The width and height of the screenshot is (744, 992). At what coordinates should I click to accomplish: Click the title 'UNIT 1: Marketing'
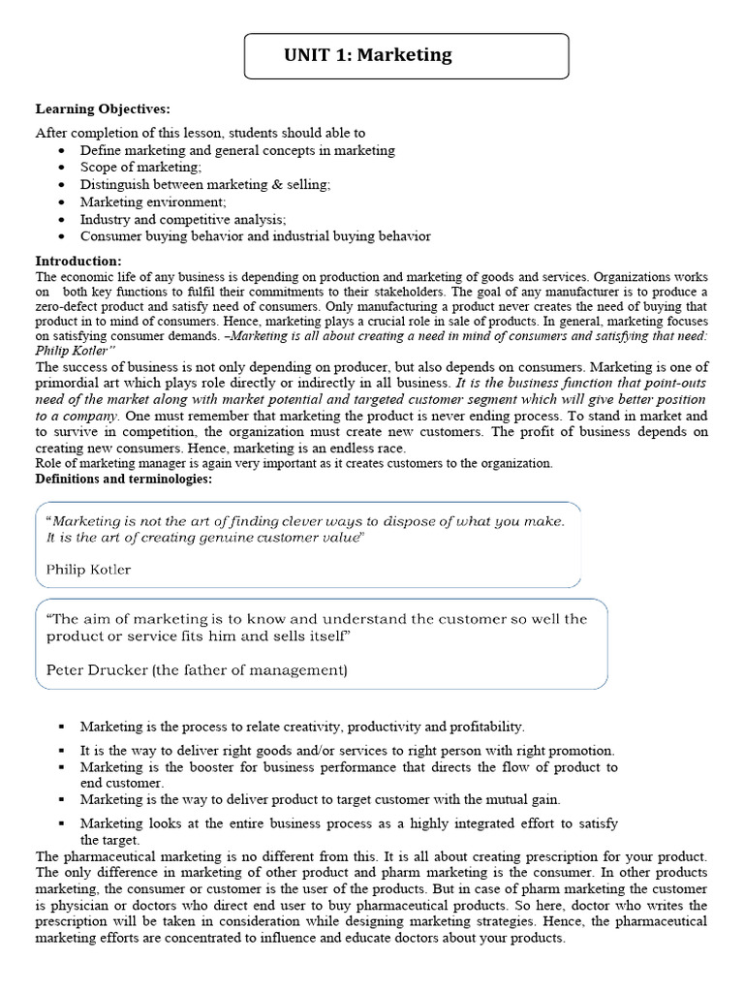click(x=367, y=55)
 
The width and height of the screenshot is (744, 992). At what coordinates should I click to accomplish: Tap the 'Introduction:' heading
click(x=78, y=262)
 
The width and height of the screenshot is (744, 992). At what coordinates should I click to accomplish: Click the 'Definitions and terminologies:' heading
click(x=123, y=479)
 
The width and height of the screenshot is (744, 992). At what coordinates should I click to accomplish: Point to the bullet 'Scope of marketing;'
click(x=140, y=168)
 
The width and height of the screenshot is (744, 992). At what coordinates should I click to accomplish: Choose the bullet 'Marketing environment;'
click(x=153, y=201)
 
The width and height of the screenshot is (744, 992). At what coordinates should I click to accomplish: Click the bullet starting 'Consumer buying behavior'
click(x=255, y=235)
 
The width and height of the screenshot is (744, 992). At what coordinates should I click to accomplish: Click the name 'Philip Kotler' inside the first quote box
click(x=88, y=570)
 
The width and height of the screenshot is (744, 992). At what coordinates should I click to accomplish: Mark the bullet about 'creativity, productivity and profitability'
click(x=302, y=726)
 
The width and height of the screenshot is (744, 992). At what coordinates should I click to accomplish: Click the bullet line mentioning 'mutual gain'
click(x=320, y=799)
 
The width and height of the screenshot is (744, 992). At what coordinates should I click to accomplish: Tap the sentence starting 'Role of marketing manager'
click(x=294, y=463)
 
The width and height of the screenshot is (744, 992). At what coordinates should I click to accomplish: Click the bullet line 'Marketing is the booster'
click(x=349, y=767)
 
